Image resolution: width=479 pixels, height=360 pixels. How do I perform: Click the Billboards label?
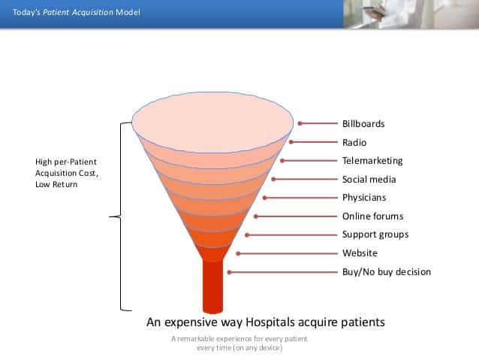363,123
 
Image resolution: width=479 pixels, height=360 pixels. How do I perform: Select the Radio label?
354,142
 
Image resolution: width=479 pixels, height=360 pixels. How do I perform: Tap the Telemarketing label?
372,161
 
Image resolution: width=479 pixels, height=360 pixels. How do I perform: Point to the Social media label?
369,179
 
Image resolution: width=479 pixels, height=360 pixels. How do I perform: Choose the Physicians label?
364,198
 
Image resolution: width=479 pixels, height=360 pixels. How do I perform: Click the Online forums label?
372,216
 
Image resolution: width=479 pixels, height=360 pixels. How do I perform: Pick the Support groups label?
375,234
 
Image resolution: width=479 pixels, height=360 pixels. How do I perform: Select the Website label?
360,253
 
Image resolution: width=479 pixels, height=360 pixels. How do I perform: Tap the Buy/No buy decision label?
387,272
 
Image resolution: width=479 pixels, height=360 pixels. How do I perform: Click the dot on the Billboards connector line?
300,123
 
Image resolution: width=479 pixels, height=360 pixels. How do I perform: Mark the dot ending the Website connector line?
238,253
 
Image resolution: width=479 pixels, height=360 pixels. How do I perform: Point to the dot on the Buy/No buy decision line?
229,272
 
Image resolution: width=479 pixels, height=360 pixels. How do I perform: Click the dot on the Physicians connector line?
265,198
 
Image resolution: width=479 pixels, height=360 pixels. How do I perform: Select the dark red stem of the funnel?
213,286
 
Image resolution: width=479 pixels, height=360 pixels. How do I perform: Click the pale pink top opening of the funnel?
212,123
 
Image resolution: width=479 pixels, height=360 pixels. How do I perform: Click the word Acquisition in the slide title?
93,13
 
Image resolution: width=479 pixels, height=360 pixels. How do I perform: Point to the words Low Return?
56,184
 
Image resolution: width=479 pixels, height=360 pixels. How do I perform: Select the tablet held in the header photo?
374,11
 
